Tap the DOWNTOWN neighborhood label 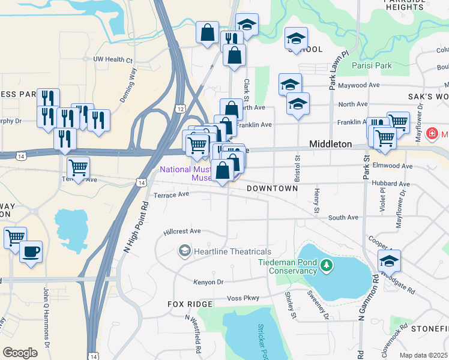click(x=273, y=188)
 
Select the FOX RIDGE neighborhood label click(x=190, y=304)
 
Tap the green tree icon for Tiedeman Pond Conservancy click(x=326, y=265)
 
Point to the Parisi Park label click(x=372, y=64)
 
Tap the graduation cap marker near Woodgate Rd click(x=389, y=260)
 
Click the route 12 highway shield click(x=180, y=108)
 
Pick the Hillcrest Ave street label click(x=182, y=231)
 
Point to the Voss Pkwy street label click(x=243, y=298)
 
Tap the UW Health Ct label click(x=112, y=60)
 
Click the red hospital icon click(x=431, y=133)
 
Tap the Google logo click(x=20, y=353)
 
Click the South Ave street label click(x=344, y=217)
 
